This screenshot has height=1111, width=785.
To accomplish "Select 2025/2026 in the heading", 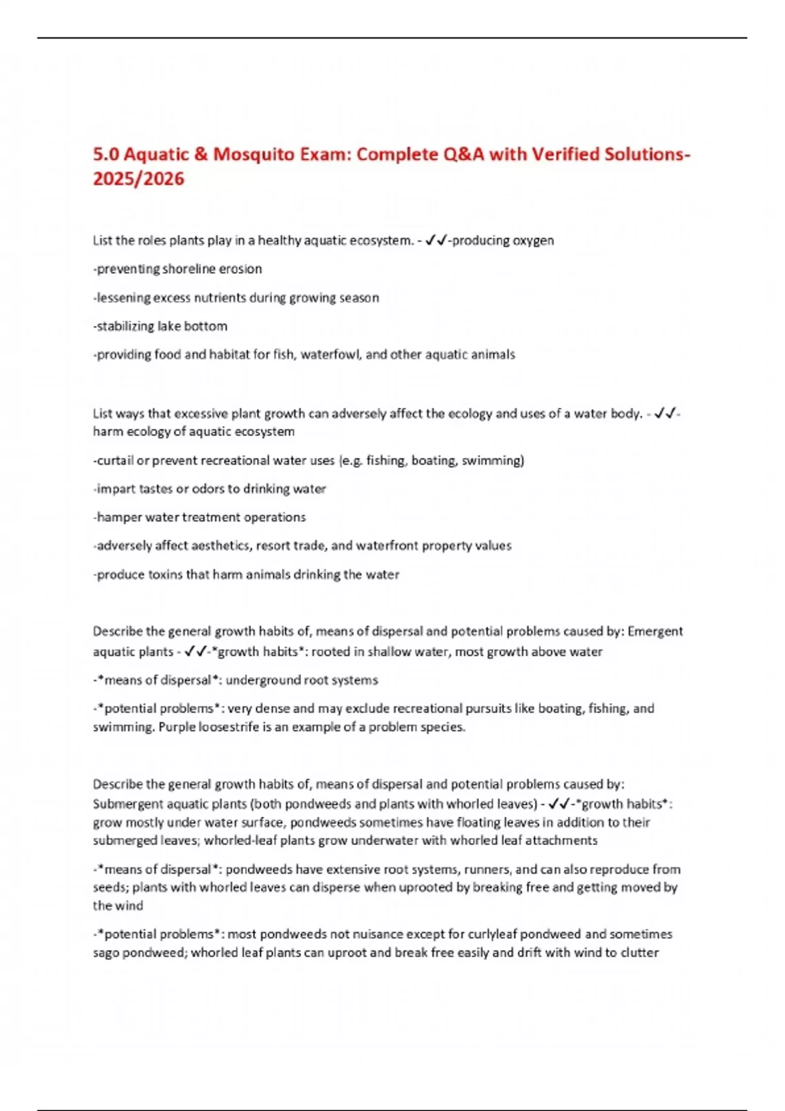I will (139, 178).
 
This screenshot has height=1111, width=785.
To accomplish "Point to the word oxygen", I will (533, 240).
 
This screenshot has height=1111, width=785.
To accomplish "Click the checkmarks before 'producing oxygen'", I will (436, 240).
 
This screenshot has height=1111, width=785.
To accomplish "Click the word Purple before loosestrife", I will (177, 727).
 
